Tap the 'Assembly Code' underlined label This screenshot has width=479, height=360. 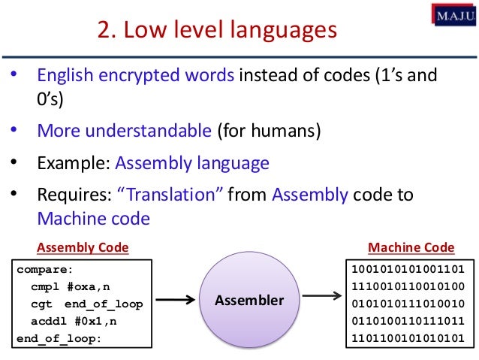[83, 247]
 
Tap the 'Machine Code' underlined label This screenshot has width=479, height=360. [411, 247]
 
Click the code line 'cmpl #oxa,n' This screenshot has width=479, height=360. [65, 286]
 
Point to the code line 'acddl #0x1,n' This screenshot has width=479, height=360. [68, 321]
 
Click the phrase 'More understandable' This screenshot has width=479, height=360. [124, 132]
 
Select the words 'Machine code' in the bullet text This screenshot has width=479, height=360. [94, 219]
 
